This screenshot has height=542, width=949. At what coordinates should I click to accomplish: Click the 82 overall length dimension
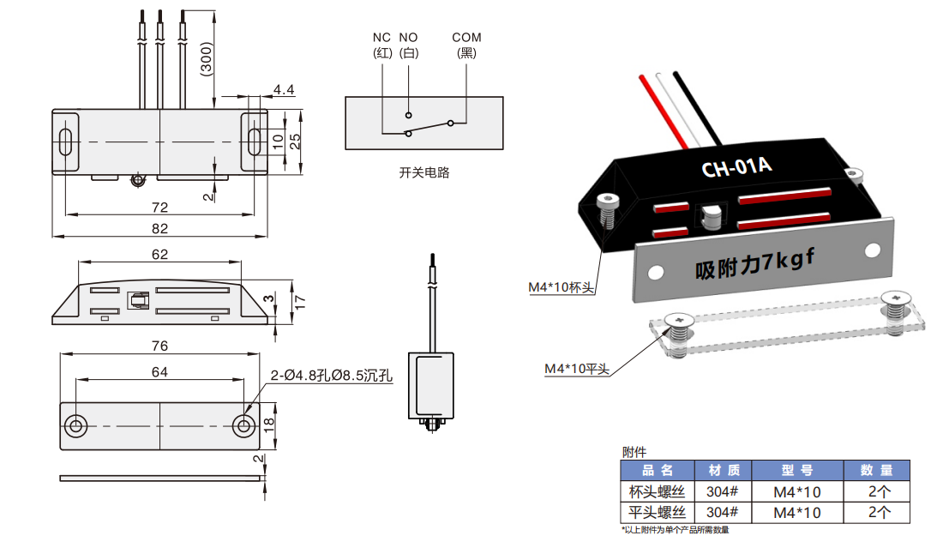coord(159,228)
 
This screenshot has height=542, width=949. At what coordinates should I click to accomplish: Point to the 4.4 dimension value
coord(284,90)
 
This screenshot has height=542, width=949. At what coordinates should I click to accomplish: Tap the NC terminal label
coord(381,38)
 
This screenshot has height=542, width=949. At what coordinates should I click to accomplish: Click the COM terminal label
coord(467,38)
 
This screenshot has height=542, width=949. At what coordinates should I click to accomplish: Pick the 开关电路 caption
coord(424,172)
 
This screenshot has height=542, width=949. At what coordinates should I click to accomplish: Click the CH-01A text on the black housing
coord(737,166)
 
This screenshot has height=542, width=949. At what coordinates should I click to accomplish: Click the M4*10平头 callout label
coord(577,369)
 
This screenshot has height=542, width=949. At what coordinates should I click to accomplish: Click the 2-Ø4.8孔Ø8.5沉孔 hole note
coord(332,376)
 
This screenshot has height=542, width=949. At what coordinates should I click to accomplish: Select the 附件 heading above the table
coord(634,451)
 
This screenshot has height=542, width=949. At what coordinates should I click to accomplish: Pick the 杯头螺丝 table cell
coord(657,492)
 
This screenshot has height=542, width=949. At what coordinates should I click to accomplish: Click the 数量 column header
coord(876,471)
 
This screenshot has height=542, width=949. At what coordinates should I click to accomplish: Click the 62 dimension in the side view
coord(159,254)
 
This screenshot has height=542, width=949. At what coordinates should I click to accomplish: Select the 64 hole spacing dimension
coord(159,371)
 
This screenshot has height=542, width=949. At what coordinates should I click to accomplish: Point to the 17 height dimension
coord(299,302)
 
